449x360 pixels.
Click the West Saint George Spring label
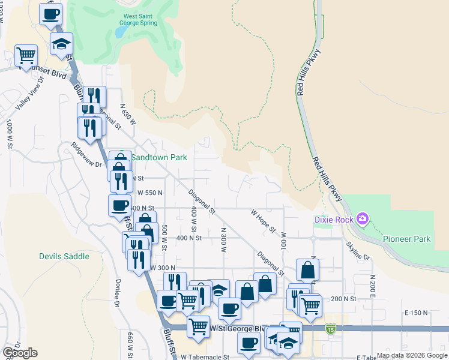(140, 20)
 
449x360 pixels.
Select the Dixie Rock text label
(334, 219)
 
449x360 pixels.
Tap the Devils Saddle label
(64, 256)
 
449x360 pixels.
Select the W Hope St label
(263, 220)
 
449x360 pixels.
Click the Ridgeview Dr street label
(86, 154)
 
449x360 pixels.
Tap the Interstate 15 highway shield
(331, 328)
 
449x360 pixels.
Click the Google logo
(20, 353)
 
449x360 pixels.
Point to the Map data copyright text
(412, 356)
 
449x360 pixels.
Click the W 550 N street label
(150, 193)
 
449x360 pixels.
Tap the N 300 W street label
(223, 238)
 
